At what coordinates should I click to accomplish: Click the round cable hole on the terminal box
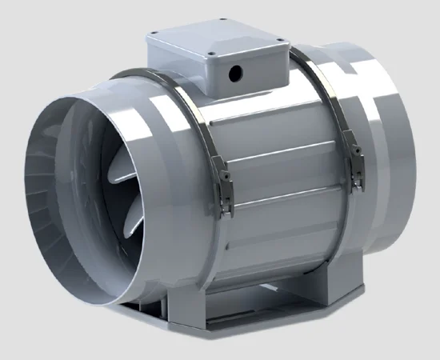(235, 74)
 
